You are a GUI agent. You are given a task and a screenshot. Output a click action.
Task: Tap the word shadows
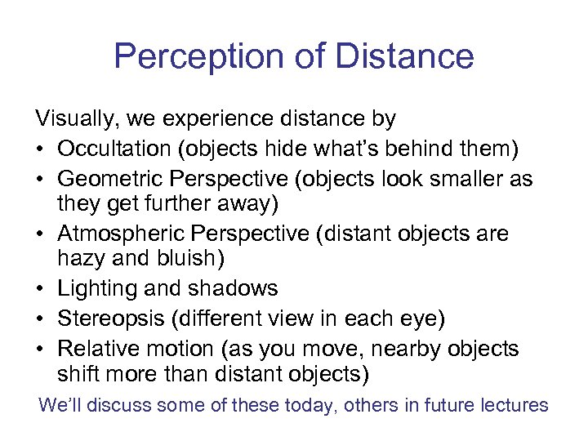(x=236, y=288)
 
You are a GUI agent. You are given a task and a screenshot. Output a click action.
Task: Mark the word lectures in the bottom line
(x=514, y=406)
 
